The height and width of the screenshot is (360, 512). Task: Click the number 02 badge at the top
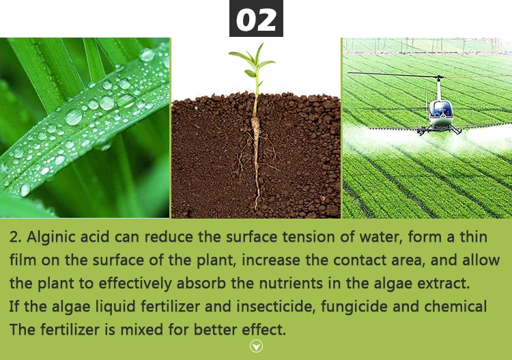point(255,19)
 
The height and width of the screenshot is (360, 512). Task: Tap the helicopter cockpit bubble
point(440,109)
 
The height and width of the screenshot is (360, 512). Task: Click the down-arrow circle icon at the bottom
point(256,346)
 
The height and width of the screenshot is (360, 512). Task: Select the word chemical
point(455,307)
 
